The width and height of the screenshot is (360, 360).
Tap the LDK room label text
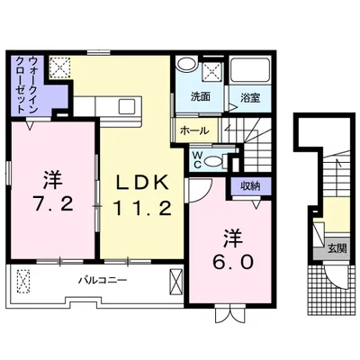141,182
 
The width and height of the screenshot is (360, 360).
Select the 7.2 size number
53,203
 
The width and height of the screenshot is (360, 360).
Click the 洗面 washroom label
201,96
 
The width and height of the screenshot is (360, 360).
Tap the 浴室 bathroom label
250,98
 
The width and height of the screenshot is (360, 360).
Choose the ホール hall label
194,130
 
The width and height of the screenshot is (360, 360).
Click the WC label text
197,159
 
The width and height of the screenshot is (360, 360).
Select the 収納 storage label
250,186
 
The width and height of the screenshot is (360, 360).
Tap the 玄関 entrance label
337,248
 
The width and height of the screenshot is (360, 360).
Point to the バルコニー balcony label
103,281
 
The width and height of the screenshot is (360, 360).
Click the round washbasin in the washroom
186,64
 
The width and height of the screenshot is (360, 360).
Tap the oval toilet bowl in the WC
212,162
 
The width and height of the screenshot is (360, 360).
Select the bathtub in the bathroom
250,69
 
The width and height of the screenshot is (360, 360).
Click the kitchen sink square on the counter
127,106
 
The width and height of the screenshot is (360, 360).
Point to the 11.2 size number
142,208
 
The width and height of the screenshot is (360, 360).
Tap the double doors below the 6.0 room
230,312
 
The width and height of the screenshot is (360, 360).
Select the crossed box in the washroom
212,72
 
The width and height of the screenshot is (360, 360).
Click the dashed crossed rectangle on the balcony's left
23,283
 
